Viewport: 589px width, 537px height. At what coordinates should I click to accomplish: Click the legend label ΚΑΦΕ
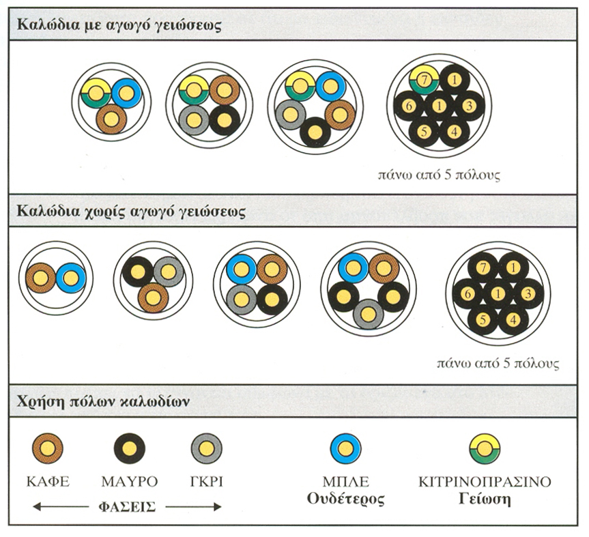48,482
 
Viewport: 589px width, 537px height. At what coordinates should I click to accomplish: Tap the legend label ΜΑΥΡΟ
130,482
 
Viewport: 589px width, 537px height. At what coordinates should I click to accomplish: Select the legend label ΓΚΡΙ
207,482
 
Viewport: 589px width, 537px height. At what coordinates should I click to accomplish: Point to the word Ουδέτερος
346,499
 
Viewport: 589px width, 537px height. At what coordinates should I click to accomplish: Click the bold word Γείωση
485,499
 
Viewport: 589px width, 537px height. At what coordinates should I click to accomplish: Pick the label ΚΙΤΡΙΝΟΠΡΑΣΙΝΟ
485,482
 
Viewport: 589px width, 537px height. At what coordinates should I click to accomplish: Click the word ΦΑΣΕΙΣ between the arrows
128,508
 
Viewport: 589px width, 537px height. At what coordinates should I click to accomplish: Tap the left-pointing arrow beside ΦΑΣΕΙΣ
61,507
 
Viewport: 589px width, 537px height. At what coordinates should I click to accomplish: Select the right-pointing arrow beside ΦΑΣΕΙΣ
193,507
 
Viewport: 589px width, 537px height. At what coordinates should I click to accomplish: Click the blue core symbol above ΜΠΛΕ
345,449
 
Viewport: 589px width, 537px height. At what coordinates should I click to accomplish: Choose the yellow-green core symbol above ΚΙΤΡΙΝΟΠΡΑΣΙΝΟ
485,449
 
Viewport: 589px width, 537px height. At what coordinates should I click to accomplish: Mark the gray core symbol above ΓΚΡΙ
207,449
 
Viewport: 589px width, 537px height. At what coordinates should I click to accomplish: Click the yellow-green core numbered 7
424,80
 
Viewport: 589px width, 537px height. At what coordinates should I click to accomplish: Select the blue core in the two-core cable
71,278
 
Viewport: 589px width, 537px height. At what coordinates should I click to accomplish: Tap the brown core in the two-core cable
41,278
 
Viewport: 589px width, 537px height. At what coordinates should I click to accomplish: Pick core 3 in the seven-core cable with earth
469,106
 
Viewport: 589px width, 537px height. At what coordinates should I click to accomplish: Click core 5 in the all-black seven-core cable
483,319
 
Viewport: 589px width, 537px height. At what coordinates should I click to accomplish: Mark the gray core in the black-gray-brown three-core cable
169,272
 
